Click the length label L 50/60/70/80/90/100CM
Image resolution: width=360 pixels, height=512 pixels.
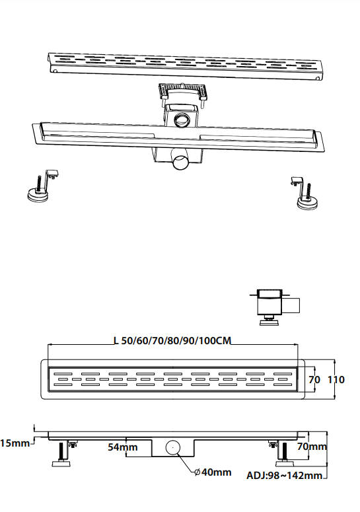tap(172, 341)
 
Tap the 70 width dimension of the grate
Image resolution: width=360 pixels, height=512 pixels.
tap(314, 379)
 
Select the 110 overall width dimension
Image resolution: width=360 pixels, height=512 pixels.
tap(336, 379)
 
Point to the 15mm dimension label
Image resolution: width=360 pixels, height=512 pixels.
tap(15, 443)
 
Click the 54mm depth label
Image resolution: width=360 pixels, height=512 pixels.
tap(123, 447)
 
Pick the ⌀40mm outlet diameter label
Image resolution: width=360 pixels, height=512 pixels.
tap(213, 472)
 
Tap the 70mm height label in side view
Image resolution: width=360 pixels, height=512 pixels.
tap(312, 447)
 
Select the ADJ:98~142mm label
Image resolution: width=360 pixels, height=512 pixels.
tap(284, 476)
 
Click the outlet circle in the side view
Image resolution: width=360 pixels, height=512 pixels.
tap(172, 447)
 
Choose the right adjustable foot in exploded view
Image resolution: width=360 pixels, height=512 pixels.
tap(305, 194)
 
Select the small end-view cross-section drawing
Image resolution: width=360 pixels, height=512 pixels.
tap(275, 307)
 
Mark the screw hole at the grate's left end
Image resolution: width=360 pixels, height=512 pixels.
tap(55, 71)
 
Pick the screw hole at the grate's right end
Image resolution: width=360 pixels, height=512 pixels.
tap(317, 79)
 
